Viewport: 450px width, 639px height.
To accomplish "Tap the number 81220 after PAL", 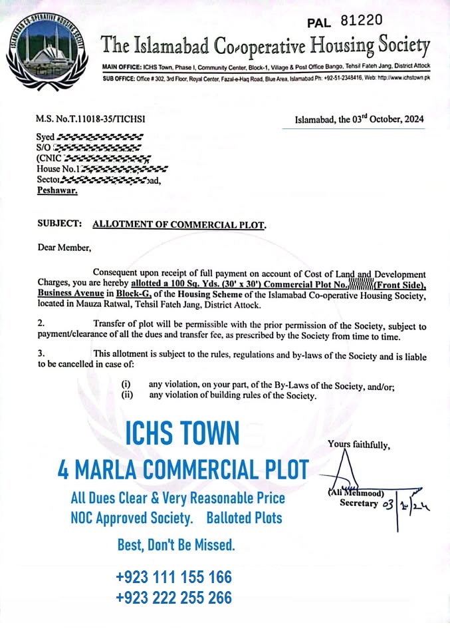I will [361, 20].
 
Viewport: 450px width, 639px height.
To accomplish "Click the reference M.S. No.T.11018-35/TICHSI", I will [90, 119].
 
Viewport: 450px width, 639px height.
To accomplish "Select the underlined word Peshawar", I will [56, 190].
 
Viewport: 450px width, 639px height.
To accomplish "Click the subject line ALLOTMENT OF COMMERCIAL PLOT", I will [179, 224].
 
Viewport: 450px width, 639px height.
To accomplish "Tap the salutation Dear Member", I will [64, 248].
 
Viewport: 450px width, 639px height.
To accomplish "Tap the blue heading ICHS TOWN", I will [181, 434].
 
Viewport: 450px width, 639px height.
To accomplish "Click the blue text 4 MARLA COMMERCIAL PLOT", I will [183, 470].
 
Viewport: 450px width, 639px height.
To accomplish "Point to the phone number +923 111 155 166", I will [173, 576].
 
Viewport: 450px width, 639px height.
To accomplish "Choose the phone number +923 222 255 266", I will [173, 598].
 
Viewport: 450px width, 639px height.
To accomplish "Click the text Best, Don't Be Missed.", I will [176, 546].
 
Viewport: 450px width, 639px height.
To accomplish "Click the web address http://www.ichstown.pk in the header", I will [404, 78].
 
